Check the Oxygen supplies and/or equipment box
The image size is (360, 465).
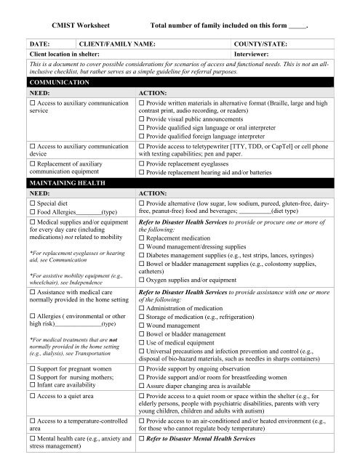(x=141, y=280)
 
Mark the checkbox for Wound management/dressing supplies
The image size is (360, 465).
(x=141, y=245)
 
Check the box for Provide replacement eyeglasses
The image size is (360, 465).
(x=141, y=165)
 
